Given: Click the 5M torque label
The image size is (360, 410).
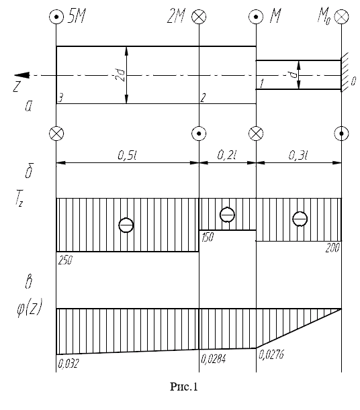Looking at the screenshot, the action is pos(77,17).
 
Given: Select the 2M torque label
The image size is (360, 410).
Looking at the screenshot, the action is pos(176,17).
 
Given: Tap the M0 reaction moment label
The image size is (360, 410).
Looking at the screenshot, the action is pos(324,17).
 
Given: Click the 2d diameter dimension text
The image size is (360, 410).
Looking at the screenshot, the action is pos(120,75).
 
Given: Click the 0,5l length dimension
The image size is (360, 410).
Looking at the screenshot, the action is pos(128,155).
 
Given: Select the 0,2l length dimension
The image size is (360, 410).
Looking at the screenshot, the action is pos(227,155).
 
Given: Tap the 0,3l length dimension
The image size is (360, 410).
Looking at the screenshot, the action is pos(298,155).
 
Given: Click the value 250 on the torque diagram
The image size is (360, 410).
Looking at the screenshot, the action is pos(65,260).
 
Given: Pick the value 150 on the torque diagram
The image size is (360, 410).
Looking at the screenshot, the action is pos(208,237).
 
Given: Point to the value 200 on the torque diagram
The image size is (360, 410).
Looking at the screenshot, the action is pos(332,248).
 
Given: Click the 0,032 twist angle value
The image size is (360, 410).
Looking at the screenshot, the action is pos(68,364).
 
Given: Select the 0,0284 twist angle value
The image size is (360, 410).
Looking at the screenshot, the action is pos(213,359).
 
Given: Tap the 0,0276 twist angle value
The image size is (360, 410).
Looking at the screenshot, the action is pos(271,355).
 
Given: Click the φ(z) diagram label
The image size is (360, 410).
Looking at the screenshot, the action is pos(30,308).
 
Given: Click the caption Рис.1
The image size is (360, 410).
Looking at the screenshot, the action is pos(184,387).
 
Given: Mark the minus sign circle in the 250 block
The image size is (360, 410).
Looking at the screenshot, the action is pos(126,225).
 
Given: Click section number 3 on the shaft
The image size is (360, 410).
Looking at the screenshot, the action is pos(60,98).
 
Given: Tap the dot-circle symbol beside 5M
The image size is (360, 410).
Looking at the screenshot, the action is pos(56,17).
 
